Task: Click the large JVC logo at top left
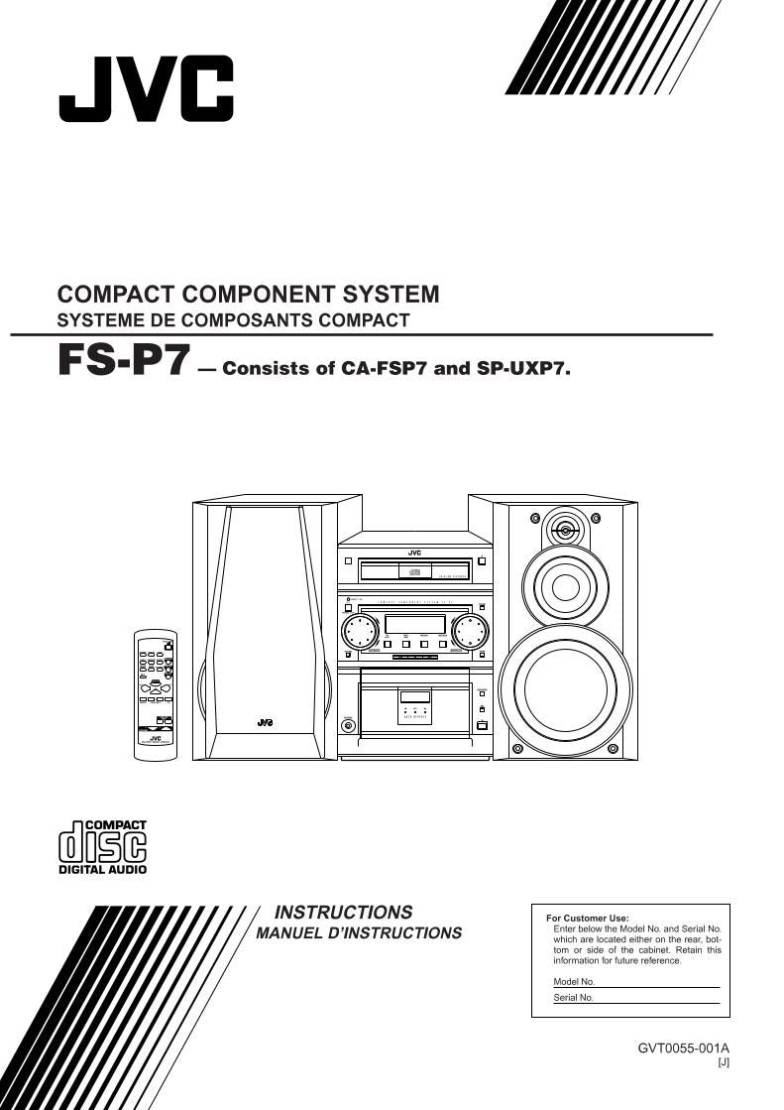coord(146,89)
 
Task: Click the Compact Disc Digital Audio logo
coord(102,847)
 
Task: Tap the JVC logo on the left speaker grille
coord(265,722)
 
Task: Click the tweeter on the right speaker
coord(565,530)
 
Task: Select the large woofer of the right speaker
coord(564,688)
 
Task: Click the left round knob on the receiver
coord(362,630)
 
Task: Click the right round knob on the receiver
coord(469,630)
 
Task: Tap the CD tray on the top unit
coord(414,571)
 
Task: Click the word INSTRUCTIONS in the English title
coord(343,912)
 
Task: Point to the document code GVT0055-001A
coord(683,1048)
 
